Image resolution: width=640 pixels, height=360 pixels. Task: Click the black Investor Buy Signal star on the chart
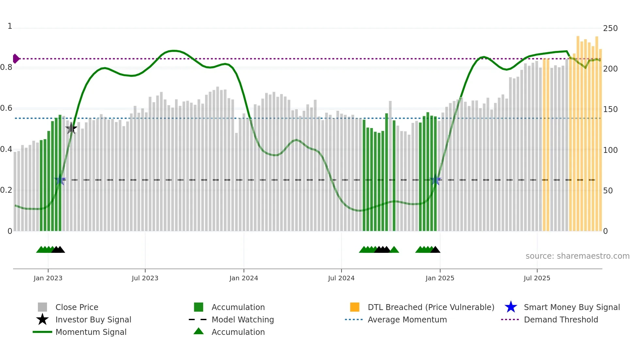click(71, 128)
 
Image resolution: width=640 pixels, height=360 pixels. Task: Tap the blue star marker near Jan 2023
click(60, 180)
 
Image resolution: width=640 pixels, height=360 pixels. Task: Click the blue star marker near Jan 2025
click(435, 180)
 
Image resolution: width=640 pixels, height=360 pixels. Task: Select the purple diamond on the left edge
click(16, 59)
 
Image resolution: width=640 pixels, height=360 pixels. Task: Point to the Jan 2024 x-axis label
click(244, 278)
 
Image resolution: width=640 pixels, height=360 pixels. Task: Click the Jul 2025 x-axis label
click(537, 278)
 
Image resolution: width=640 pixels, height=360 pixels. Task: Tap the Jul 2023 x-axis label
click(145, 278)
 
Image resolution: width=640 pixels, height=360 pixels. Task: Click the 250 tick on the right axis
click(610, 28)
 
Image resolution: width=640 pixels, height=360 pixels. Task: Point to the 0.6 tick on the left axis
click(7, 108)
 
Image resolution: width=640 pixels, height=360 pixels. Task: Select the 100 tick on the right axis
click(610, 150)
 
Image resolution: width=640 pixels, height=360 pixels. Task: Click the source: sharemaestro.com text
click(577, 256)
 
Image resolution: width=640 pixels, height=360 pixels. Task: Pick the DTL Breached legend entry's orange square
click(355, 307)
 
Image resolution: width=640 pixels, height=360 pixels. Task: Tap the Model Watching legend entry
click(242, 319)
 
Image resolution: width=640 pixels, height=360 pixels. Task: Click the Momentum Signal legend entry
click(91, 332)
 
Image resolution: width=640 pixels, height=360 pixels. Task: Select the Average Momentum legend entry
click(407, 319)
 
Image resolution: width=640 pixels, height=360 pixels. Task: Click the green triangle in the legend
click(199, 331)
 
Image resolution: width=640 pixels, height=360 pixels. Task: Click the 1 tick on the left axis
click(10, 26)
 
